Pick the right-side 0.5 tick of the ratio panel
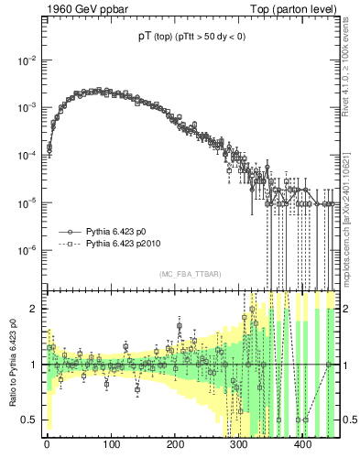[x=348, y=420]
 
